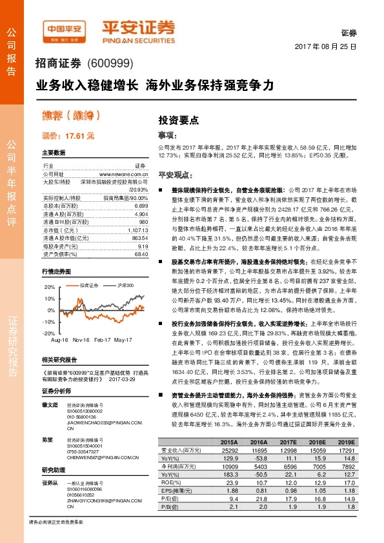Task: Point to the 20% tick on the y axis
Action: click(x=50, y=286)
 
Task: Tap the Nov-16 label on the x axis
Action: click(x=81, y=339)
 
